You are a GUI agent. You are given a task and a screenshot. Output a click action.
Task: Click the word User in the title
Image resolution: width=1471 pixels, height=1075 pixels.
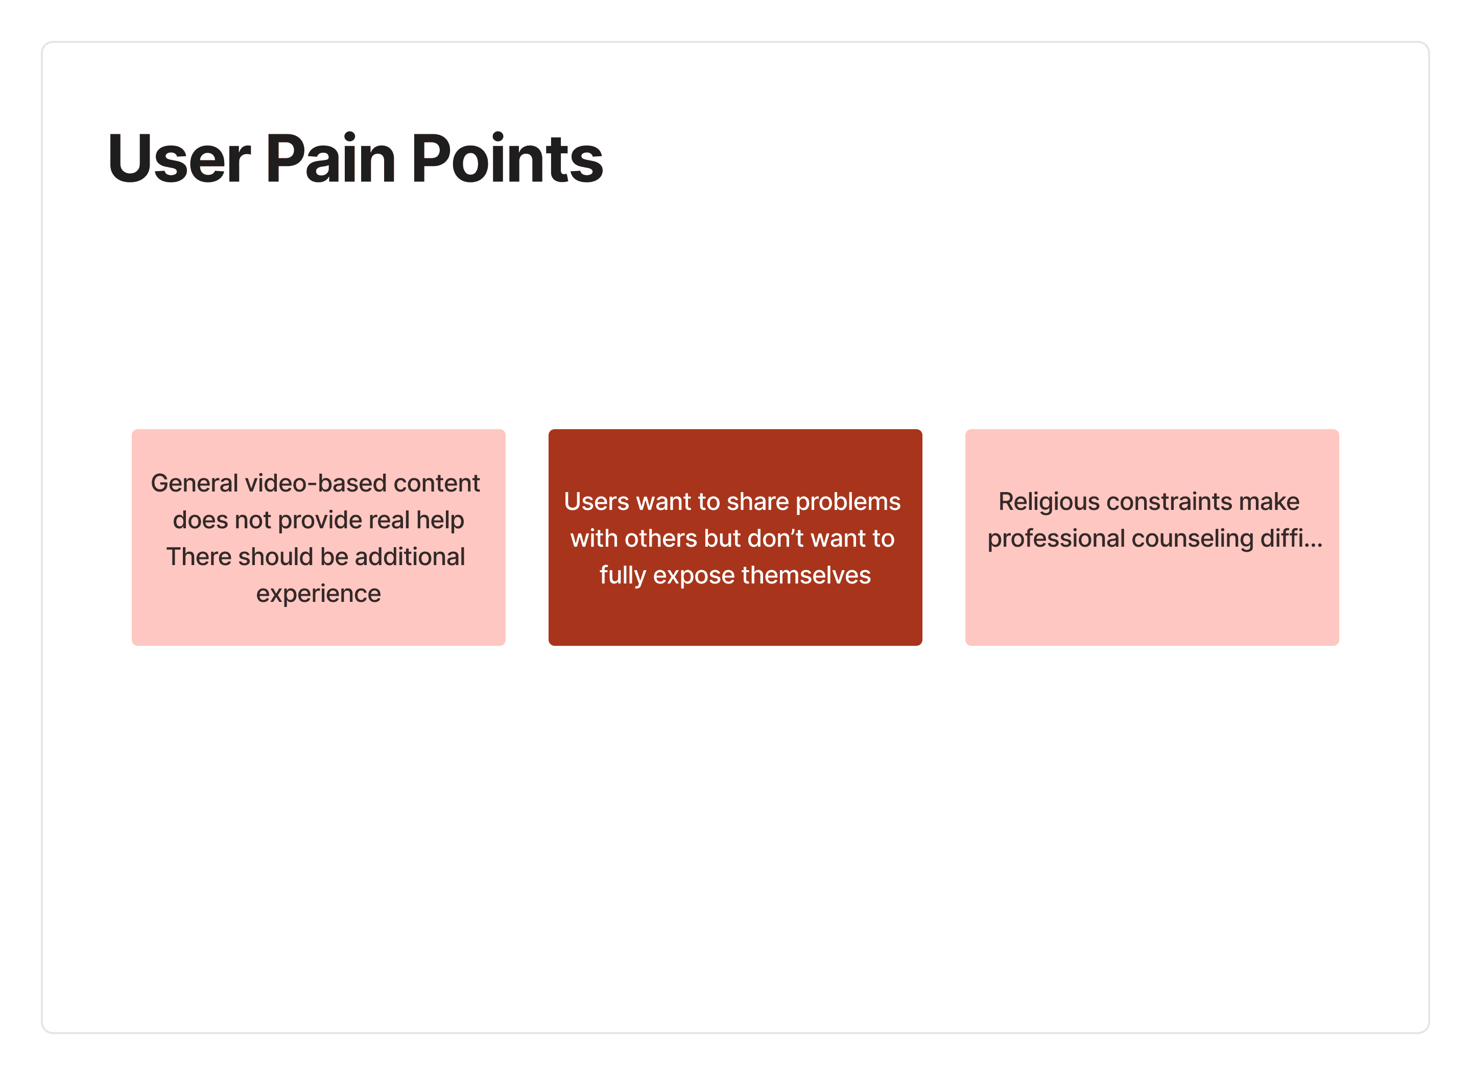point(179,159)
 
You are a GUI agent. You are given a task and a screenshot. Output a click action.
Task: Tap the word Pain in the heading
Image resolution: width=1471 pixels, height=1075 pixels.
point(330,159)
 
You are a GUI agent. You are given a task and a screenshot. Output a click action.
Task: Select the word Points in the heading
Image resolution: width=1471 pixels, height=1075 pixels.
point(507,159)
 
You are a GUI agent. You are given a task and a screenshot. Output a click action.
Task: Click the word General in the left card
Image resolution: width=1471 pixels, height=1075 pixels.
point(194,483)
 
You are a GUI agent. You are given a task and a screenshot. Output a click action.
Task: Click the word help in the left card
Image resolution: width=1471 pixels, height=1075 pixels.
point(440,520)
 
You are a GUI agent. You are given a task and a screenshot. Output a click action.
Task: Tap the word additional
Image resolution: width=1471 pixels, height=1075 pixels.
point(409,557)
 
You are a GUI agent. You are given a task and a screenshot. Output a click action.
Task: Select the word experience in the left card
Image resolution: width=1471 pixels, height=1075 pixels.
point(318,594)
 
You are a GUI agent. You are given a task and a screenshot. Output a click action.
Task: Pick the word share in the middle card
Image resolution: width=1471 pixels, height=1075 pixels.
point(756,502)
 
